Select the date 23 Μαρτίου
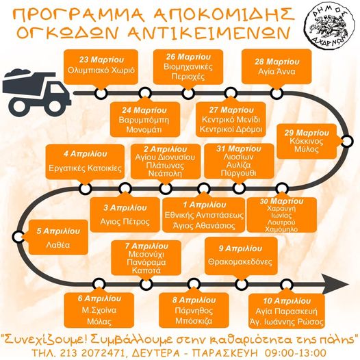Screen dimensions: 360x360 101,60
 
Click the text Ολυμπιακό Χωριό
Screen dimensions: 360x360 101,70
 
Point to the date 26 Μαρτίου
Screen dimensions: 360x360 188,57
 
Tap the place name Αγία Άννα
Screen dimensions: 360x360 277,72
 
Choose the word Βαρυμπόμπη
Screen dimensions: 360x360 144,120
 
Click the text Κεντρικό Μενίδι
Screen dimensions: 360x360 231,119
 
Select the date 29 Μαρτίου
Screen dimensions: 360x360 307,133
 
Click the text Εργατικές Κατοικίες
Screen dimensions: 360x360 85,168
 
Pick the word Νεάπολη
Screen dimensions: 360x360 165,173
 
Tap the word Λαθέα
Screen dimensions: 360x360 58,245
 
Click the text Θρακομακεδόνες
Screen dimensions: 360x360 240,261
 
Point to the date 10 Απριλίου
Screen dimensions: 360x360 287,300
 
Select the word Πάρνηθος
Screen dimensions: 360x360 194,311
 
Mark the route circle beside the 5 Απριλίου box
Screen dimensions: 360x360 18,237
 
